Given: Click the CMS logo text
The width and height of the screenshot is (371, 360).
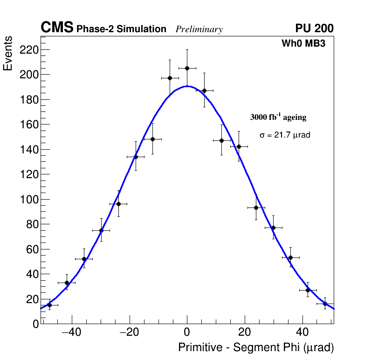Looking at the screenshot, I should click(57, 28).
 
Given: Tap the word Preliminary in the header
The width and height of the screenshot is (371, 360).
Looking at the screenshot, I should click(199, 30).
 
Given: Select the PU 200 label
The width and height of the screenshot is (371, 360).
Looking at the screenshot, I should click(314, 28).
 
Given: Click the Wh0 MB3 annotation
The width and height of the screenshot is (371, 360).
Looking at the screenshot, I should click(303, 44).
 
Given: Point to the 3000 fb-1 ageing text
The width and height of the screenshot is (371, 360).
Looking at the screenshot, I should click(278, 117).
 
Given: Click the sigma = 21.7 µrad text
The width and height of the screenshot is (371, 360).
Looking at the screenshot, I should click(285, 135).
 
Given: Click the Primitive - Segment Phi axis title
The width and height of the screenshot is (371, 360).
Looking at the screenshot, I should click(256, 348).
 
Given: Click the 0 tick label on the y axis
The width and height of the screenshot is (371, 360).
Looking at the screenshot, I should click(36, 324).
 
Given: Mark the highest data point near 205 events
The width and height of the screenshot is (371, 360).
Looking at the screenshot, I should click(187, 68).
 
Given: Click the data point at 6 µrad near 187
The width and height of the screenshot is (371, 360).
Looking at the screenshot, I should click(204, 90).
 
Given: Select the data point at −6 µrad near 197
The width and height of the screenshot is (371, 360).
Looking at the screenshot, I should click(170, 78).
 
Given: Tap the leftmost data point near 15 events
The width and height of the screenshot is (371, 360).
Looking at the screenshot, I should click(49, 305).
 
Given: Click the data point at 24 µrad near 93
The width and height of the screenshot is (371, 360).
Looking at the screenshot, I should click(256, 208).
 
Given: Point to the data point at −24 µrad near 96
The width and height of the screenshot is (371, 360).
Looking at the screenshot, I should click(118, 204).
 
